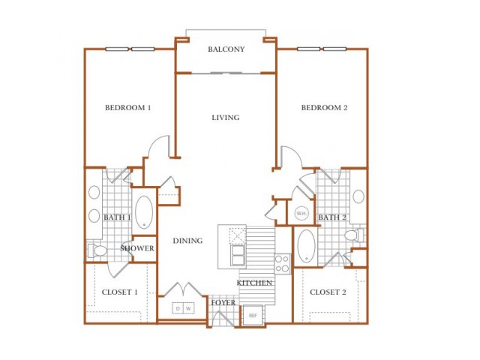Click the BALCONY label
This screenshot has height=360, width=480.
[226, 49]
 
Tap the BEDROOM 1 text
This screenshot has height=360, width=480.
[128, 108]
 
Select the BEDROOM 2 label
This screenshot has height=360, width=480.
[325, 108]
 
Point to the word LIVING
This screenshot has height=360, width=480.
[226, 118]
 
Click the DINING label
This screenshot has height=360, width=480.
[187, 241]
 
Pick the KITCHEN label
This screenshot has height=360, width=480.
[254, 283]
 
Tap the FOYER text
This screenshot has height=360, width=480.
[223, 303]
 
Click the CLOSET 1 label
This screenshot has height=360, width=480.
[120, 292]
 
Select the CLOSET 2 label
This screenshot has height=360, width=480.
[328, 292]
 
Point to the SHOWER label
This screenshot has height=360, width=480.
[137, 248]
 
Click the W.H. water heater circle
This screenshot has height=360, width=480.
[301, 213]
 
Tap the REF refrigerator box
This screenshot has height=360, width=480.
[253, 315]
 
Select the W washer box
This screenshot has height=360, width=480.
[188, 308]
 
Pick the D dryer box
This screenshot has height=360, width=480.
[178, 308]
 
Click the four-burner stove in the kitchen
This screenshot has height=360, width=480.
[282, 264]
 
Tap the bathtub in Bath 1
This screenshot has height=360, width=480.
[144, 212]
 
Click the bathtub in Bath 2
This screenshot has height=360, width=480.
[307, 246]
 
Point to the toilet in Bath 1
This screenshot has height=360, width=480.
[97, 250]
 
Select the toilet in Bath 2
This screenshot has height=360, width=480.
[355, 235]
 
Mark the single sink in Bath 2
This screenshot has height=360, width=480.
[358, 196]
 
